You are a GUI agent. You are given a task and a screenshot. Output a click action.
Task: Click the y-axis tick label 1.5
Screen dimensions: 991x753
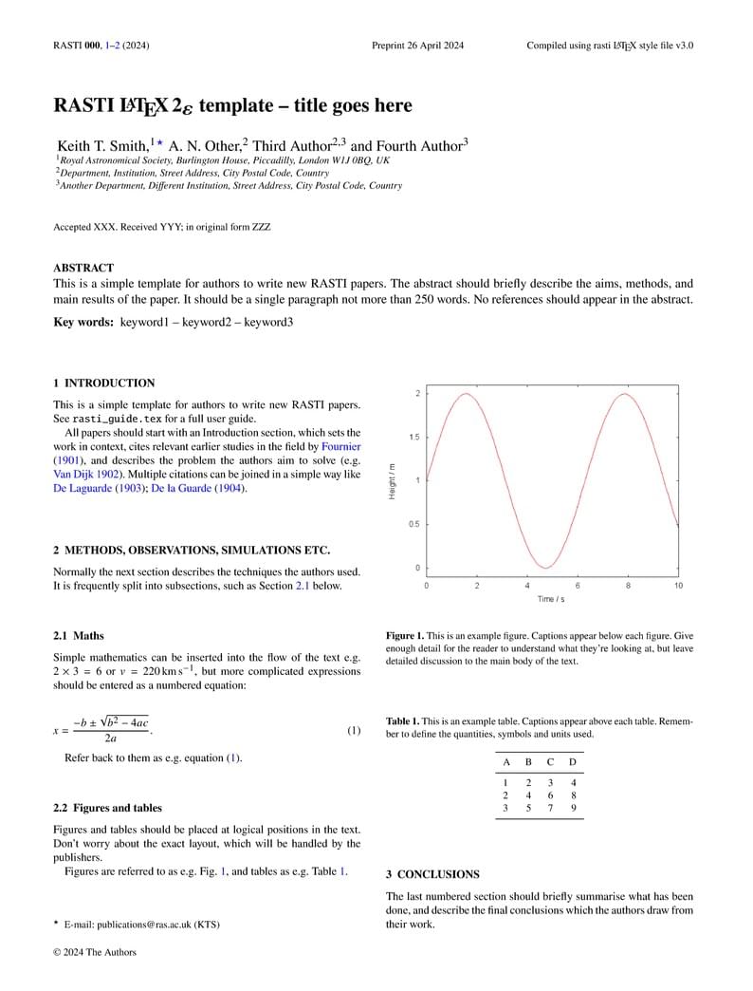[413, 437]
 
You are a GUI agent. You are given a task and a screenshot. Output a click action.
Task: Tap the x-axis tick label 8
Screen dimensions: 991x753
[628, 586]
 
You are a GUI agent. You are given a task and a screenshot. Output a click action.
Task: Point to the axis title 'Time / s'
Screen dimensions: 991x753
[552, 599]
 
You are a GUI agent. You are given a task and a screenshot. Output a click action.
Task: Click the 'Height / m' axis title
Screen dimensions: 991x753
[392, 480]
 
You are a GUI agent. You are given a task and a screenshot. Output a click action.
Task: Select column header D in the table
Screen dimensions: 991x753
[572, 762]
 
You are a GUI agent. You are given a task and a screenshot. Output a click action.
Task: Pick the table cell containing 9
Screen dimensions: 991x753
[573, 808]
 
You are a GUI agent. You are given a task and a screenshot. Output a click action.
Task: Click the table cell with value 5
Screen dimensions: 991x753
[528, 808]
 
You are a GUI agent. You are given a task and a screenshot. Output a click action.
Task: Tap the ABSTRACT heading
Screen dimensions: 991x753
[83, 268]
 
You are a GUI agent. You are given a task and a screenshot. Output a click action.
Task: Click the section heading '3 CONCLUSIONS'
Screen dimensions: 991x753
[432, 873]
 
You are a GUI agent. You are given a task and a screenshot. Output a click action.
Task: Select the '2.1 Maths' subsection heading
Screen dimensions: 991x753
[79, 635]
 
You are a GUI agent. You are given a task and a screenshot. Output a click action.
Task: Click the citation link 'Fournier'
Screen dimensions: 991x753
[341, 446]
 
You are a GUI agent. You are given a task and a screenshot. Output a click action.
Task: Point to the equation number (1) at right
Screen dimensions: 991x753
[353, 731]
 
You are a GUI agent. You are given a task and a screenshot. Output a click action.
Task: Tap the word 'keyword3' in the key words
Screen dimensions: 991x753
[269, 322]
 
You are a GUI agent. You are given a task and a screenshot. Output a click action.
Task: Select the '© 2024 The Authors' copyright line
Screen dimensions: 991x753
[95, 952]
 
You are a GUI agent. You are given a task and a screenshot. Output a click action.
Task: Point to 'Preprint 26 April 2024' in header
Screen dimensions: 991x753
[417, 46]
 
